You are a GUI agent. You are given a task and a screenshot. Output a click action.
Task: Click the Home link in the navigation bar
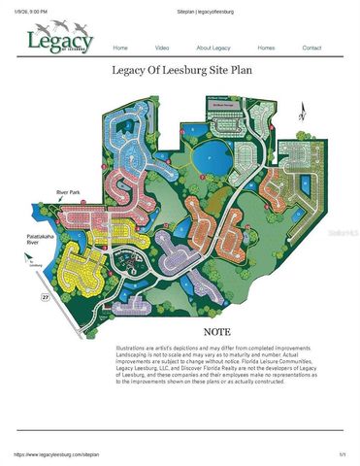pos(120,48)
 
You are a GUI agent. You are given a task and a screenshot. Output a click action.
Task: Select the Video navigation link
pos(162,48)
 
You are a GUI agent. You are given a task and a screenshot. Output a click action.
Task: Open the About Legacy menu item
pos(213,48)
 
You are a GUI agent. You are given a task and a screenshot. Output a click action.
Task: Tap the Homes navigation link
pos(266,48)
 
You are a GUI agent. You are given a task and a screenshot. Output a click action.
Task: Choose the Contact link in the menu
pos(311,48)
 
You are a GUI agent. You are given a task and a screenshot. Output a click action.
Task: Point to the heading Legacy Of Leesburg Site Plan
pos(180,71)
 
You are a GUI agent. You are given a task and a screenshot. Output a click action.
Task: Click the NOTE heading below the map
pos(217,332)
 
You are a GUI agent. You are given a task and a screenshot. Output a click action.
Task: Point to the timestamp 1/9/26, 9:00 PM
pos(31,11)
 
